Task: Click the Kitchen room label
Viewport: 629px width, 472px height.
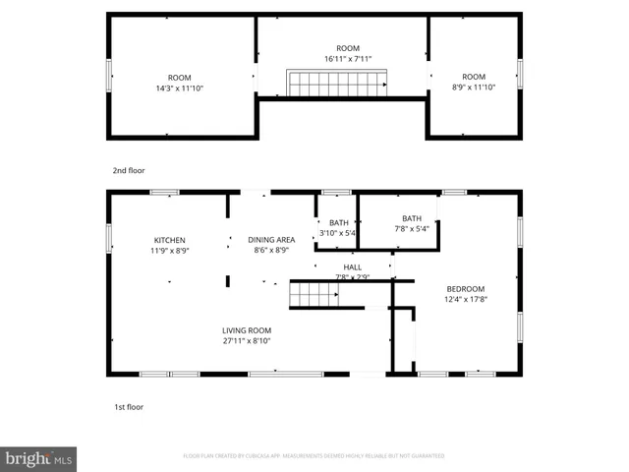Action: [169, 240]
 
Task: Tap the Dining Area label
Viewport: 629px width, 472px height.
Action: [271, 240]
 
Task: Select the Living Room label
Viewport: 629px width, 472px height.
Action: [246, 330]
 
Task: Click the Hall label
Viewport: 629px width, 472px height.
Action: [352, 267]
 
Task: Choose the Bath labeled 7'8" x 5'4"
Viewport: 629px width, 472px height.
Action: [412, 218]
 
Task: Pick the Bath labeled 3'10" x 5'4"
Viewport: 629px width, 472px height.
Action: [338, 223]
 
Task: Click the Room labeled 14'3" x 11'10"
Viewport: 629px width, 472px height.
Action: [179, 78]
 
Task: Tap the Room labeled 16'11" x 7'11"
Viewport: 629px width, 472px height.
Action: [348, 48]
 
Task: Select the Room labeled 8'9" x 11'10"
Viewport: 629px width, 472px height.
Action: [474, 78]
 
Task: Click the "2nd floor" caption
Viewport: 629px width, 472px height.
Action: [128, 170]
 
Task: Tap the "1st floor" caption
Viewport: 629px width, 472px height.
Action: [128, 406]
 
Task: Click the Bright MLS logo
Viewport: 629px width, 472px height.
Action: [39, 459]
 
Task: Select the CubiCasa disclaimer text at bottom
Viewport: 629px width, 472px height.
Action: [314, 456]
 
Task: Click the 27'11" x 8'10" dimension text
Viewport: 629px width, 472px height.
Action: [246, 341]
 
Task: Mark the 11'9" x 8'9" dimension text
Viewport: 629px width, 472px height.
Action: [169, 251]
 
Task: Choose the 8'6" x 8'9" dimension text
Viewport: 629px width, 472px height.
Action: [271, 251]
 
